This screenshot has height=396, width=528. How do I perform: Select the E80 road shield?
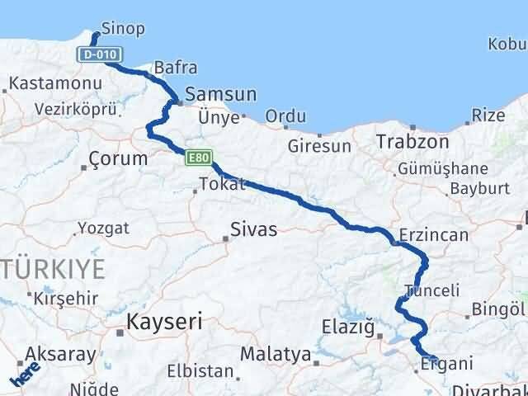pyautogui.click(x=198, y=157)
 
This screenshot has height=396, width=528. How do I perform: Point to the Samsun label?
pyautogui.click(x=220, y=95)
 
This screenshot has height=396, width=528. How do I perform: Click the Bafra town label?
pyautogui.click(x=175, y=68)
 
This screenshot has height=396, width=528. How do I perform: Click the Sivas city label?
pyautogui.click(x=253, y=229)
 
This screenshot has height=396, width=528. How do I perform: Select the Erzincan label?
pyautogui.click(x=433, y=235)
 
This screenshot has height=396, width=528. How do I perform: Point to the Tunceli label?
pyautogui.click(x=431, y=290)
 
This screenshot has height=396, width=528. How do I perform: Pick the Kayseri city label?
pyautogui.click(x=164, y=322)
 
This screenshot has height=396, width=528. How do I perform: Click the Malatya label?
pyautogui.click(x=275, y=355)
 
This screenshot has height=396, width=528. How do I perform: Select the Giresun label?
pyautogui.click(x=319, y=146)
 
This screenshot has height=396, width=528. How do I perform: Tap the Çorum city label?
pyautogui.click(x=117, y=158)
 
